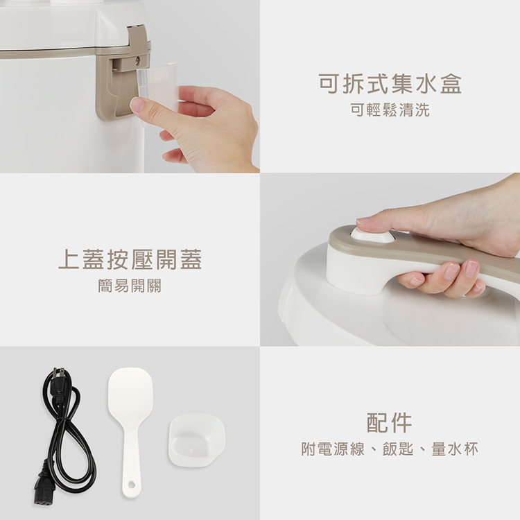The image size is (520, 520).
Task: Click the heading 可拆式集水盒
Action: [x=390, y=84]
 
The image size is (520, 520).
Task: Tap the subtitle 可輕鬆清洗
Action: [x=390, y=110]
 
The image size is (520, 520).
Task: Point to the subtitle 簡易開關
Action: [x=130, y=286]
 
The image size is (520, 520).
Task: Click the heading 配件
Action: [x=390, y=422]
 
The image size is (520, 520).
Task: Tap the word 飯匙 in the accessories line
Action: [x=398, y=449]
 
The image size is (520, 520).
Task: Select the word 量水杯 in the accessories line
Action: [x=455, y=449]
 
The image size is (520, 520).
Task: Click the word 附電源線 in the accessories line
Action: [x=333, y=449]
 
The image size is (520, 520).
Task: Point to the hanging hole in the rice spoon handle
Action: [x=131, y=485]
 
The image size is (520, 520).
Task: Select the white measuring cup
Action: [x=197, y=438]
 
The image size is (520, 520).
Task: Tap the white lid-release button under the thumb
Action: [x=372, y=235]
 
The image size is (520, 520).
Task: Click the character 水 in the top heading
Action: [x=426, y=84]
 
